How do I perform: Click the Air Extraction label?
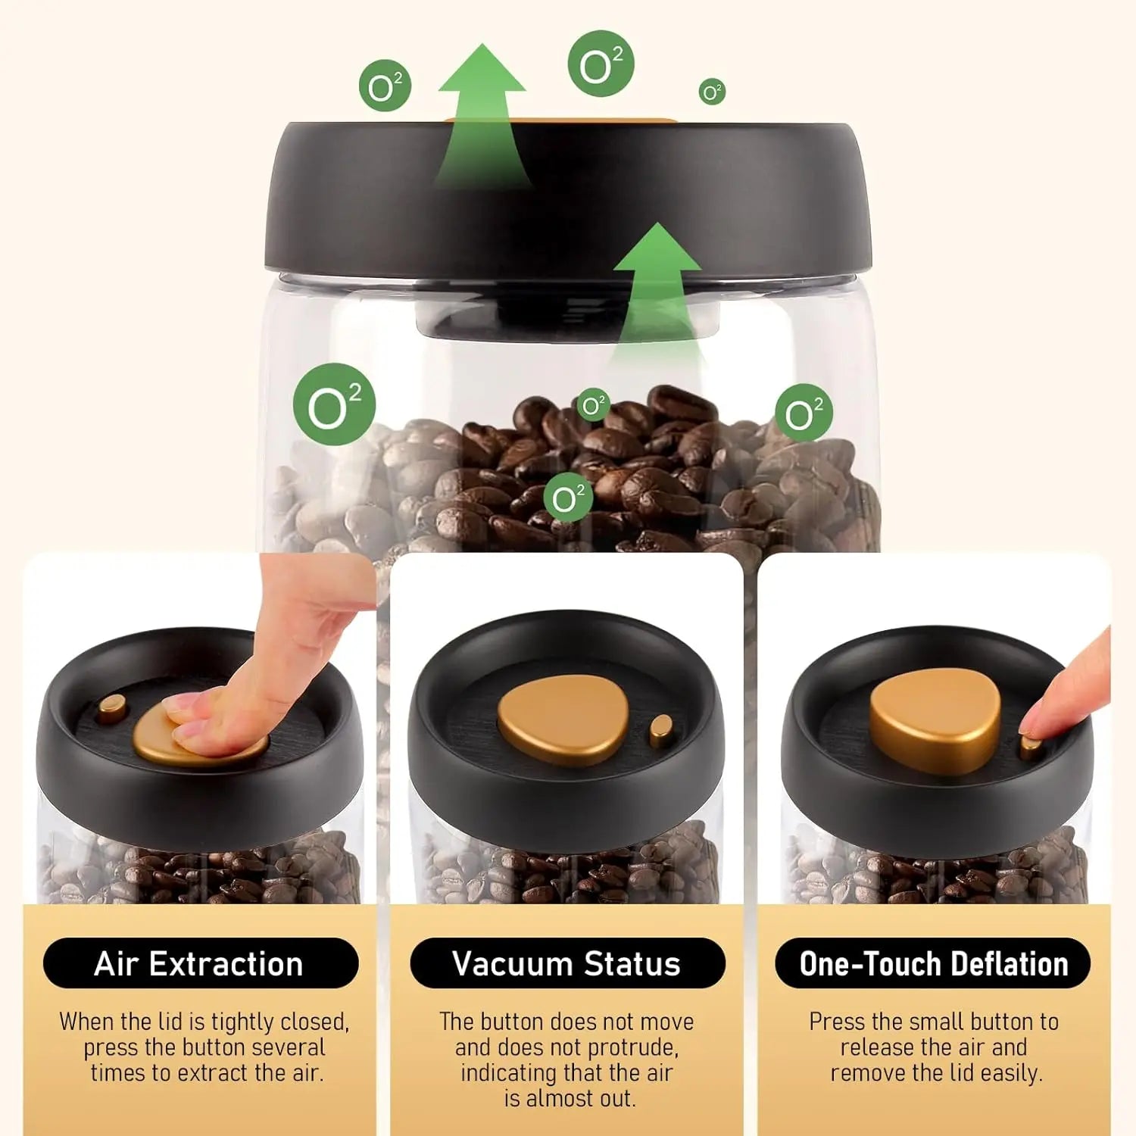pos(200,963)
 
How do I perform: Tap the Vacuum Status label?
pos(566,963)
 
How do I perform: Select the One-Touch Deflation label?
pos(933,963)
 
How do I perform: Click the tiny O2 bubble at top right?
pos(712,92)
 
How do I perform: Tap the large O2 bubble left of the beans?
pos(334,404)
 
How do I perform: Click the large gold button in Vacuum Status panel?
pos(563,720)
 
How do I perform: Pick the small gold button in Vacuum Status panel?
pos(661,731)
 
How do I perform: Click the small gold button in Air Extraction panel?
pos(112,708)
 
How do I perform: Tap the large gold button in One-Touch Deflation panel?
pos(935,719)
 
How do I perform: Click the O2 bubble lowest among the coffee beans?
pos(567,498)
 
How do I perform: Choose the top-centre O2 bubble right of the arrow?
pos(601,64)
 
